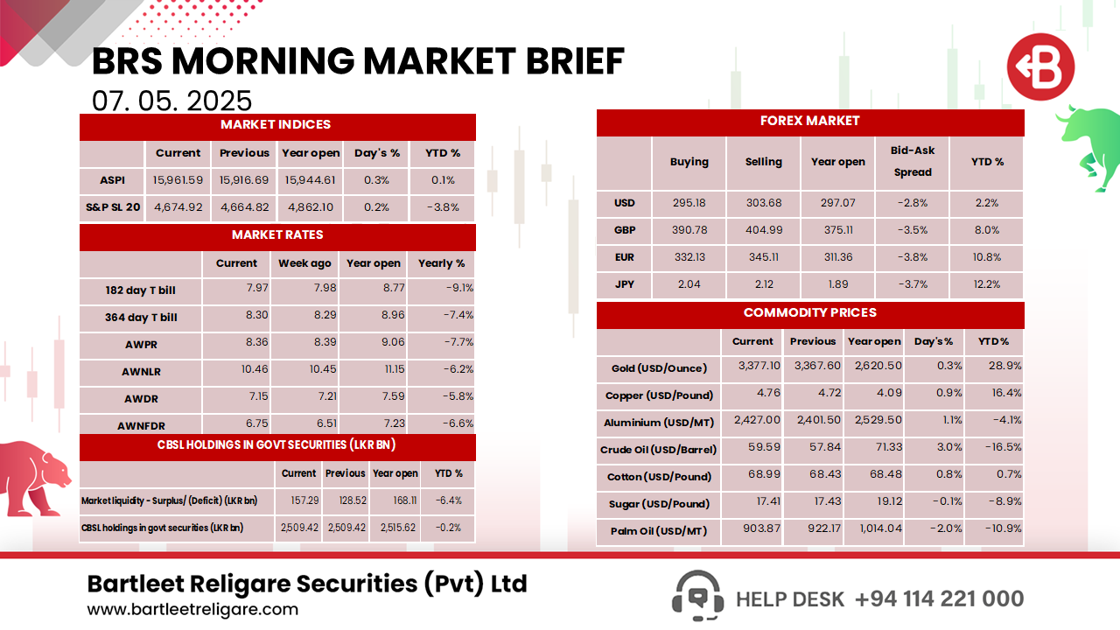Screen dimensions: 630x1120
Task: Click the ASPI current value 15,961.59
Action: [x=178, y=180]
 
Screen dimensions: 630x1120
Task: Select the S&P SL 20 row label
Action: [x=112, y=207]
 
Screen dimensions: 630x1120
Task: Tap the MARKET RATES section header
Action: [x=277, y=235]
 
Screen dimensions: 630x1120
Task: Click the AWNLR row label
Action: [x=141, y=372]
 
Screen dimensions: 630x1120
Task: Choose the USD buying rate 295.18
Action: [x=689, y=203]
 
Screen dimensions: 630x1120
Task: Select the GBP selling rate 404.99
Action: [x=763, y=230]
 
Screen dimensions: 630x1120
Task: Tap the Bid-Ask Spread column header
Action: [x=913, y=162]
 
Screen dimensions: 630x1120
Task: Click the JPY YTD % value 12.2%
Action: [x=987, y=284]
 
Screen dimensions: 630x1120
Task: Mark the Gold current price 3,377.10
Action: [x=752, y=367]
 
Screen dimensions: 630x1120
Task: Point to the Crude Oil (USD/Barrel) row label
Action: [x=659, y=450]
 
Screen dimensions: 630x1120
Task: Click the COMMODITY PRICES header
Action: [x=809, y=313]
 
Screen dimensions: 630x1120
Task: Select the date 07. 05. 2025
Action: [x=172, y=101]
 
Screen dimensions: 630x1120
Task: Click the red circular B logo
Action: [x=1039, y=67]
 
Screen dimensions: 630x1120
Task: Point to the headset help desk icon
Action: [x=697, y=597]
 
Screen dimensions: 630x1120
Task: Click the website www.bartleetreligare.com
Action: [x=192, y=610]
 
